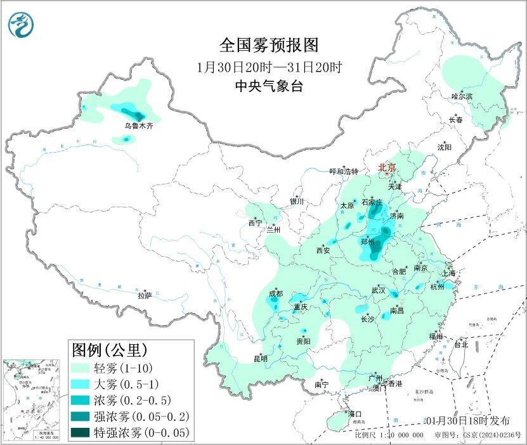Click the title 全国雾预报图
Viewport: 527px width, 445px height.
coord(268,45)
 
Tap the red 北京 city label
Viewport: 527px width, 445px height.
coord(387,167)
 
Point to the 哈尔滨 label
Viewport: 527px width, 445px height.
coord(462,96)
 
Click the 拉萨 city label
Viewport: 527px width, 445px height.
coord(145,295)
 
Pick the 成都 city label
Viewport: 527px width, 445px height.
coord(276,293)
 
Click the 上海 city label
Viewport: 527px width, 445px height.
coord(449,273)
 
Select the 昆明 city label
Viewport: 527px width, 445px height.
coord(261,359)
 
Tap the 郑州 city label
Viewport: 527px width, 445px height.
coord(367,242)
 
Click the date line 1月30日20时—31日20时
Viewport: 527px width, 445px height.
coord(268,67)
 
